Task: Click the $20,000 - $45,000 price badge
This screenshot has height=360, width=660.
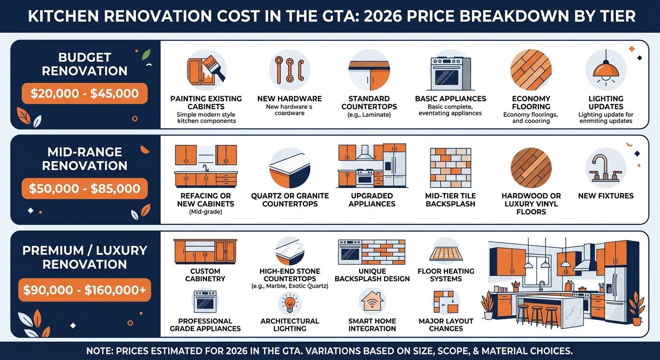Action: pos(84,94)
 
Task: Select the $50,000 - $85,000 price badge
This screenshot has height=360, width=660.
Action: pos(84,189)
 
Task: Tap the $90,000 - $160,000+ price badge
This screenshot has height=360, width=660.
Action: pos(84,291)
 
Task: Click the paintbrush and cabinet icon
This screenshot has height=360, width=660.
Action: pos(206,70)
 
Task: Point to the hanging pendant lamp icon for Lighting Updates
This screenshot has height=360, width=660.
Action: pos(606,70)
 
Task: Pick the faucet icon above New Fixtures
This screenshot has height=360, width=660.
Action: pos(606,167)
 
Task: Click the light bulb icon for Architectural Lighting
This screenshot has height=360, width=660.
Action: pos(289,303)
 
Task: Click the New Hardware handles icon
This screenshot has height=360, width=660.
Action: pos(289,70)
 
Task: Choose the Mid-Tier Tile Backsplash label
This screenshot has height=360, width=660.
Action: pos(450,200)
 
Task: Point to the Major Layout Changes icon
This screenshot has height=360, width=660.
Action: pos(445,302)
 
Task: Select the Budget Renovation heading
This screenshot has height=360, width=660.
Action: pos(84,64)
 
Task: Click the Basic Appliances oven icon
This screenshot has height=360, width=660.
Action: pos(450,73)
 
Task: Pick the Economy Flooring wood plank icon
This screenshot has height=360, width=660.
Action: pos(531,70)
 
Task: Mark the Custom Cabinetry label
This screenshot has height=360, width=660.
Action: pos(205,275)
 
